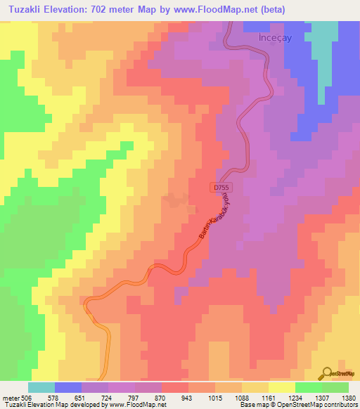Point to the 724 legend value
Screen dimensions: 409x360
point(108,398)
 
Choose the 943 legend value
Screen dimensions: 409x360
point(188,398)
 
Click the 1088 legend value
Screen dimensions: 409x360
point(241,398)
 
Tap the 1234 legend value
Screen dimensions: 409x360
point(295,398)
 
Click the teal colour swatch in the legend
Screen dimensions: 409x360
point(41,387)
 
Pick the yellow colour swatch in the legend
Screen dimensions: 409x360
point(281,387)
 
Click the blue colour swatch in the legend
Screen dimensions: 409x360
point(68,387)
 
